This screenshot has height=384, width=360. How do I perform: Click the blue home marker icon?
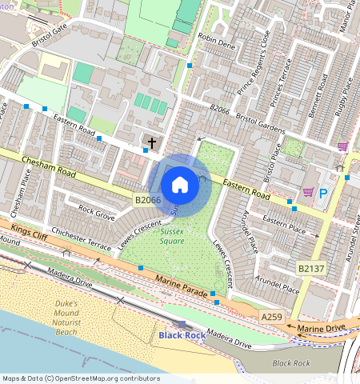(180, 185)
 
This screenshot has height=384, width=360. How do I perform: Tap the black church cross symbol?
(152, 142)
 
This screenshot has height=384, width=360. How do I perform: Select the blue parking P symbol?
(324, 193)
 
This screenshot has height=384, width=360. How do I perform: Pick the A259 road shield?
(272, 318)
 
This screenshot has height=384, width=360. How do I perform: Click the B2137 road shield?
(311, 268)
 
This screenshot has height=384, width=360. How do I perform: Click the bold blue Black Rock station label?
(181, 335)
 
